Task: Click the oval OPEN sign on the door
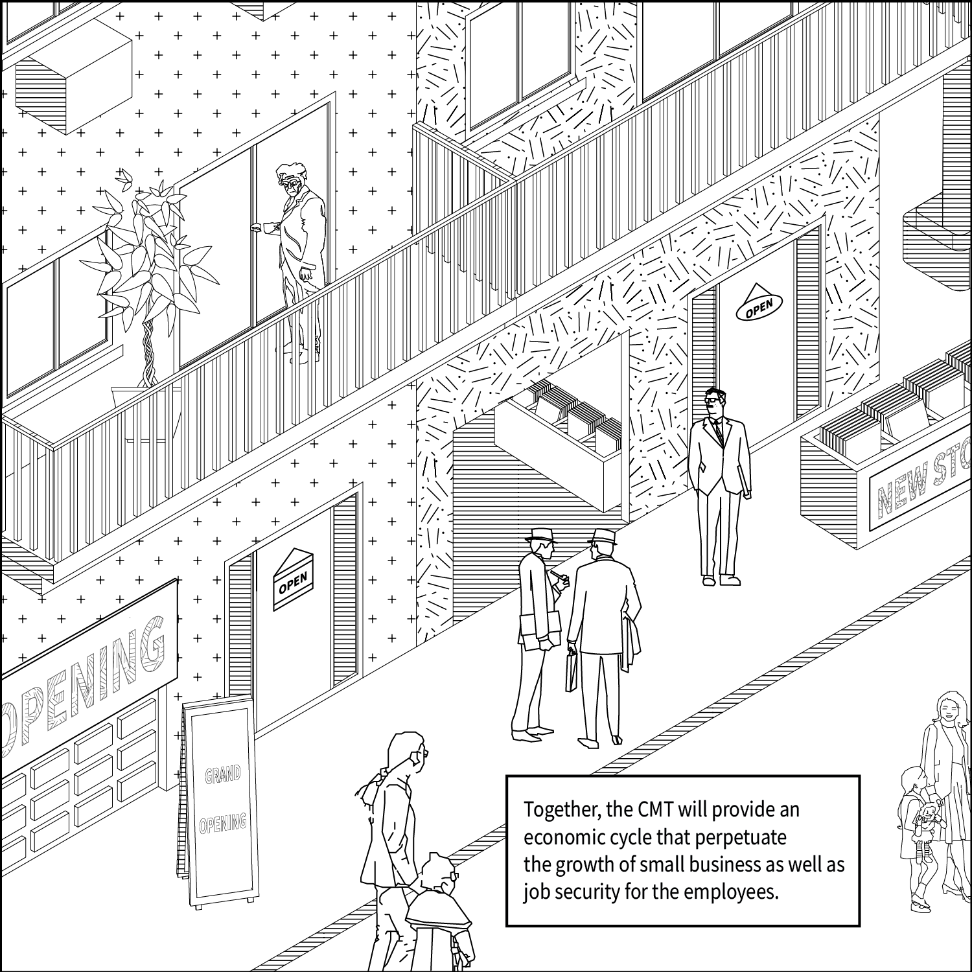(759, 308)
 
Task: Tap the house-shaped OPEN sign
(293, 581)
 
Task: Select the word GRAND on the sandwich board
(223, 774)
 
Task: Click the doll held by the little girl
(930, 818)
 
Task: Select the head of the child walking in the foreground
(436, 874)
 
